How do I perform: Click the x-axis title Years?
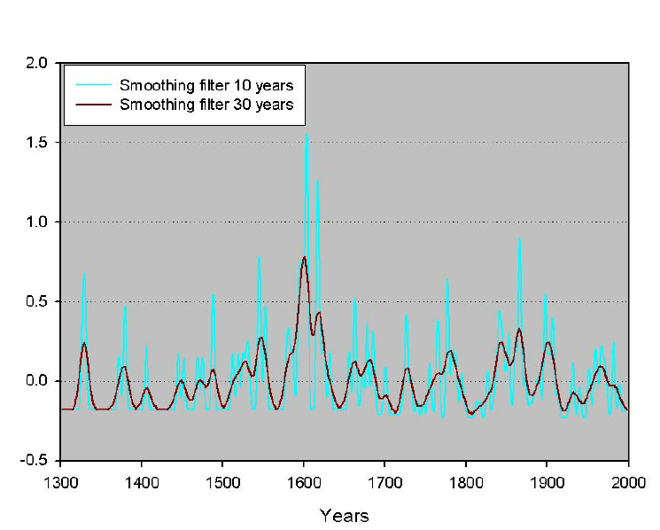pyautogui.click(x=344, y=515)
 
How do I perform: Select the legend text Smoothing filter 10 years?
pyautogui.click(x=206, y=86)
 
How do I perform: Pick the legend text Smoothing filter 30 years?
pyautogui.click(x=206, y=105)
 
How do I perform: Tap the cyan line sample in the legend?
pyautogui.click(x=92, y=86)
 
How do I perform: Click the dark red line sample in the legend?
pyautogui.click(x=92, y=105)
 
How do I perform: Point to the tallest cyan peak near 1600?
pyautogui.click(x=307, y=136)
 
